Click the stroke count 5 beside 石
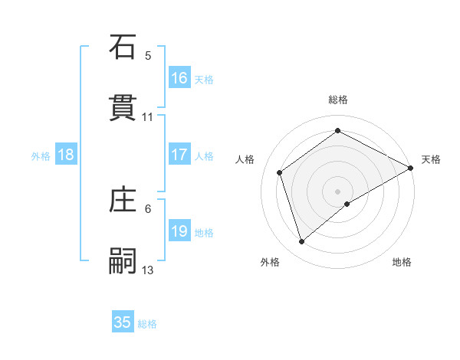(x=148, y=56)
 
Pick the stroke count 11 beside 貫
(x=148, y=116)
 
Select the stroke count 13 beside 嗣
(x=148, y=270)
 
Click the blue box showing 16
(x=179, y=78)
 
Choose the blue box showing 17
(x=179, y=155)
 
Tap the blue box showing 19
(x=179, y=231)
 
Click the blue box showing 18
(x=66, y=155)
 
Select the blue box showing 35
(x=123, y=322)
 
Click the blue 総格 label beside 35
(x=147, y=324)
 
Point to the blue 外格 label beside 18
(x=41, y=156)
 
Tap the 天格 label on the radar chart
(x=431, y=159)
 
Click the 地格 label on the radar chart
(x=402, y=262)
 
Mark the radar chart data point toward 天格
(x=411, y=169)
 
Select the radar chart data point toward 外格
(x=302, y=242)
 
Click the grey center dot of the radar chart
(x=338, y=191)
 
